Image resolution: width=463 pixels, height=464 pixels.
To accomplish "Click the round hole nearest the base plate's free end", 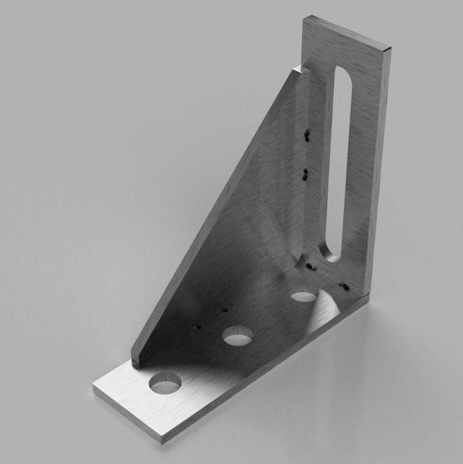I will pyautogui.click(x=165, y=383).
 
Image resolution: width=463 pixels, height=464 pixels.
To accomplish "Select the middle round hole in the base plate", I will pyautogui.click(x=237, y=336).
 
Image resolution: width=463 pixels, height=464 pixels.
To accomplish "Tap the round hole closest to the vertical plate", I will pyautogui.click(x=304, y=295).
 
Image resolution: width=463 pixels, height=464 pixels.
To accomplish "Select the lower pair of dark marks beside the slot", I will pyautogui.click(x=305, y=173).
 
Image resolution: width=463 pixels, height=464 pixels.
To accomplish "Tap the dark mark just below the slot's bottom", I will pyautogui.click(x=310, y=267).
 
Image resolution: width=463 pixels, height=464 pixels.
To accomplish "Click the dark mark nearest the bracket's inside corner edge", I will pyautogui.click(x=344, y=287).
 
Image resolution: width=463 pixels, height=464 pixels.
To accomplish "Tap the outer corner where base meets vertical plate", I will pyautogui.click(x=369, y=301).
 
